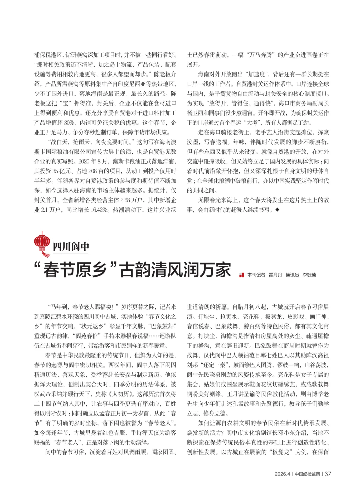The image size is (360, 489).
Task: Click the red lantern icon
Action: tap(42, 243)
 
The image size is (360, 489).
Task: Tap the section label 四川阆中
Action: tap(71, 247)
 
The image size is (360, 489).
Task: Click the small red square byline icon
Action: tap(242, 275)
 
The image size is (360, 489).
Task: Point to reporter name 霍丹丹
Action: tap(275, 275)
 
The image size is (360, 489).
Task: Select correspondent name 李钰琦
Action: tap(309, 275)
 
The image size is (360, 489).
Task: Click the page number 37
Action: tap(328, 474)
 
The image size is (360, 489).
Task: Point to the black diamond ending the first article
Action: tap(277, 210)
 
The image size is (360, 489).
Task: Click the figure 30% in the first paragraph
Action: tap(69, 123)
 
